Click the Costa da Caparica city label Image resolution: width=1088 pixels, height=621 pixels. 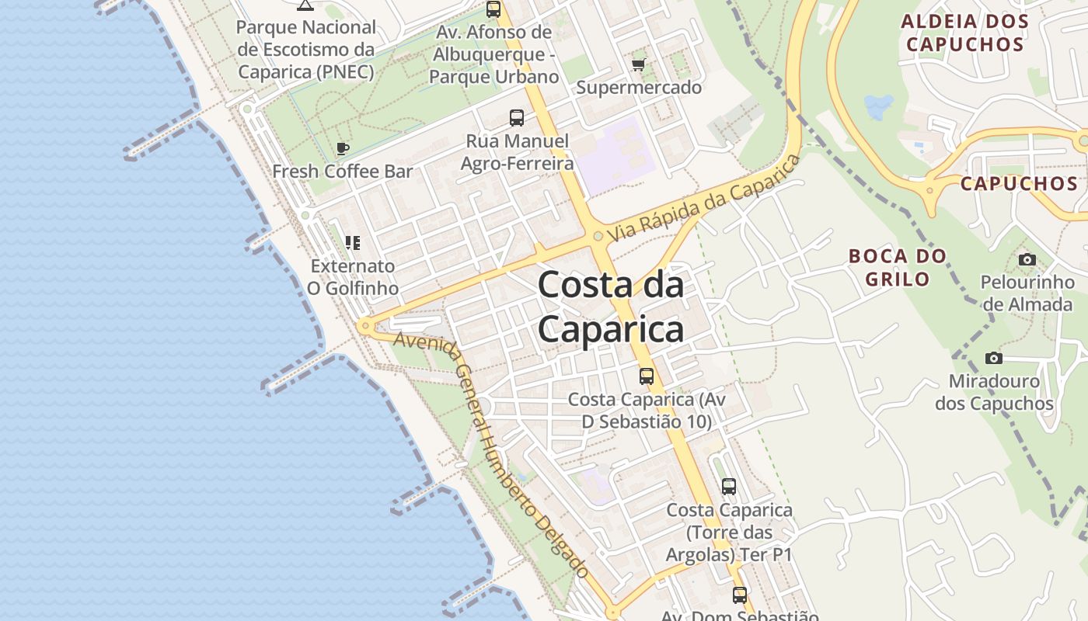point(611,307)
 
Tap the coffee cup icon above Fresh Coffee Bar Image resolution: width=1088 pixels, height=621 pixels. point(343,148)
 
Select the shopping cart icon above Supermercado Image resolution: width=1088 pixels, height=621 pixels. point(639,65)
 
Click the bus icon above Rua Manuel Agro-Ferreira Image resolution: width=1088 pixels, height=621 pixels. point(517,118)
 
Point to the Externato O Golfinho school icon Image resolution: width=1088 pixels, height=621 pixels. point(353,243)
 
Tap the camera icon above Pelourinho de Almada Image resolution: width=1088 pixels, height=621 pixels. point(1027,259)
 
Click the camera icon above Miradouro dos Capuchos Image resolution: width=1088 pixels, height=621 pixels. point(993,358)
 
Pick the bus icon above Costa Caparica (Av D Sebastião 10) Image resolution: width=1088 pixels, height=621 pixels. point(647,376)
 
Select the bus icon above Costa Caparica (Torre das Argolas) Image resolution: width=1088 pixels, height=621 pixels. point(729,487)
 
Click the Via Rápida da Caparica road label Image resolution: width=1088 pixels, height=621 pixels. point(704,198)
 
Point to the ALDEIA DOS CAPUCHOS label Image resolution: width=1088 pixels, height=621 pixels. point(964,33)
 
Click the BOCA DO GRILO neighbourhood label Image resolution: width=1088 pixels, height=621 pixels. point(898,267)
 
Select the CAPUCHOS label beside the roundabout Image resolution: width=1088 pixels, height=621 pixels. point(1019,184)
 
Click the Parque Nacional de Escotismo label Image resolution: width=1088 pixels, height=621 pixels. point(306,50)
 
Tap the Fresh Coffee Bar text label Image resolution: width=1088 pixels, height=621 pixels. point(343,172)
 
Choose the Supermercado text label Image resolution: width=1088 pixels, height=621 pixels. point(639,88)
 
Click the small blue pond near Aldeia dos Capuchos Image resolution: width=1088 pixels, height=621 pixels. point(878,106)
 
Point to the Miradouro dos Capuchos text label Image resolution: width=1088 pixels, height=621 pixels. point(994,392)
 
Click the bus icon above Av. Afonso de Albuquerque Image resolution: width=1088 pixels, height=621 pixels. point(493,9)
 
